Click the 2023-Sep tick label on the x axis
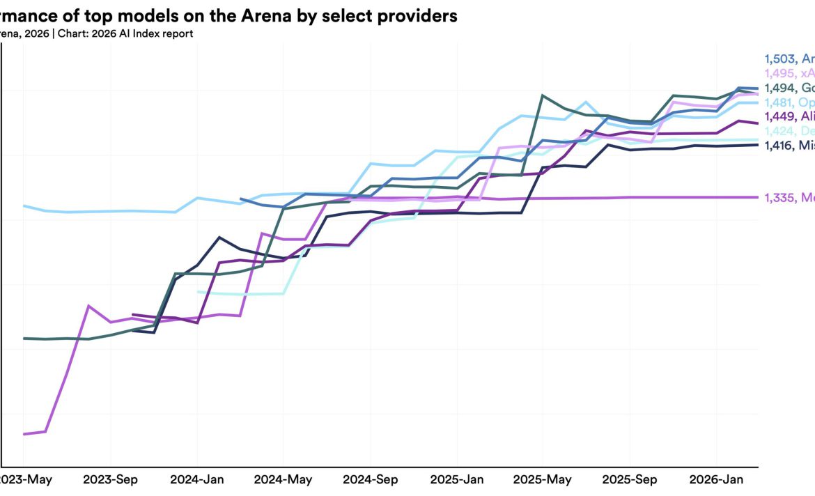point(110,480)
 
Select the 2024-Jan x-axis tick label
point(196,480)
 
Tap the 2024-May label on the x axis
point(283,480)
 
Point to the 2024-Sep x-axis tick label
point(370,480)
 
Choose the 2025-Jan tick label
point(456,480)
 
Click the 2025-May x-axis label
point(543,480)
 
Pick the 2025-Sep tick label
point(630,480)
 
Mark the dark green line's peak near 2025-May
point(543,95)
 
